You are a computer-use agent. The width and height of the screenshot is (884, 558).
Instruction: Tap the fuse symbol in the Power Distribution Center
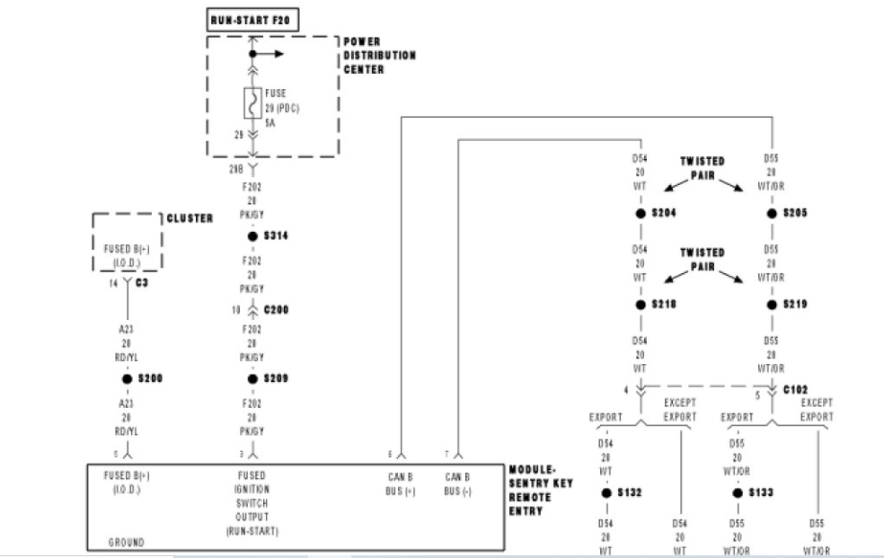252,104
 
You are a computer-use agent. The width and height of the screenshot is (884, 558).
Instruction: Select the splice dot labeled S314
252,236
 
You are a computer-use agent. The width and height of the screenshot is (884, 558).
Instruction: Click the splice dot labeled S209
252,378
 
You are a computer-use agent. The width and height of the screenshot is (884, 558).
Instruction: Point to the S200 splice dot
128,378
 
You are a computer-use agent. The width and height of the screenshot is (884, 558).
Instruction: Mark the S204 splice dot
641,214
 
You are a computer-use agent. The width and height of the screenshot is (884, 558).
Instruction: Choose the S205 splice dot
772,214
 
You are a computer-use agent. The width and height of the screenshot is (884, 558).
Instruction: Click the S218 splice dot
641,305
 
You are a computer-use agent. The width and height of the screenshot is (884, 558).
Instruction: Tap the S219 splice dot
772,305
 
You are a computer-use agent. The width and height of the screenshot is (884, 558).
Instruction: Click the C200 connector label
276,310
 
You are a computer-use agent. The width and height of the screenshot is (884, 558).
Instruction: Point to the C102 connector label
795,390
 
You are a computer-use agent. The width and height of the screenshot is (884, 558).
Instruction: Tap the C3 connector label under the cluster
141,282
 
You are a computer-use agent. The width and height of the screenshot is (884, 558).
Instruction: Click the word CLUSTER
190,218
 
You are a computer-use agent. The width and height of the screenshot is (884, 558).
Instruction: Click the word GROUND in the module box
126,542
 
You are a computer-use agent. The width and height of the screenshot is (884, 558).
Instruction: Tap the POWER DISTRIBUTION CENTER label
379,55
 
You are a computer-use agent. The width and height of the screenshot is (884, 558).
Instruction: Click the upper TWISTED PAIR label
703,168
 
